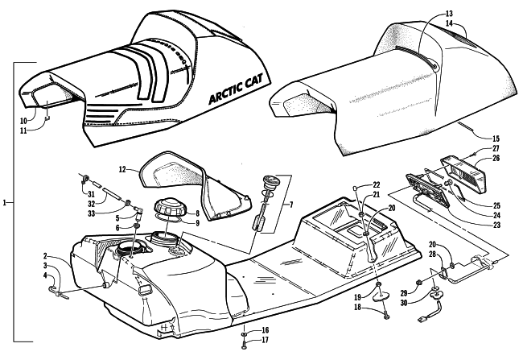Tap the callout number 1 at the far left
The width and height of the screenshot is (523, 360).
6,204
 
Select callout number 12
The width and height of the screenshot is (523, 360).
122,170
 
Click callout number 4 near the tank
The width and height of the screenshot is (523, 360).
46,277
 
